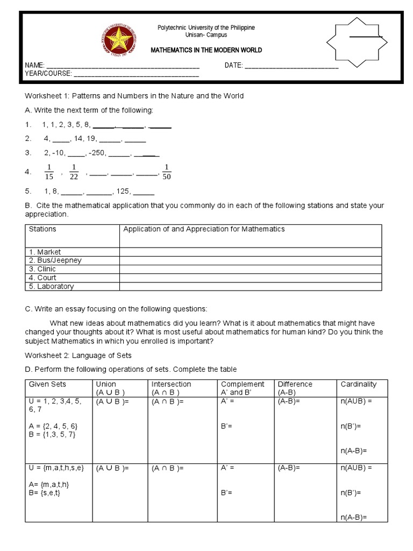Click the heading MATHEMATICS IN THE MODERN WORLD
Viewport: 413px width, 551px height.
pos(206,50)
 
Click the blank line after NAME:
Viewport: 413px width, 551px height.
pos(124,67)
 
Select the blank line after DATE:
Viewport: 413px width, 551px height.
pos(291,67)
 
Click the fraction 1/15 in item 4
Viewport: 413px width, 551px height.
pos(49,172)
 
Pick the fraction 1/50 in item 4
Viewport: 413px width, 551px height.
pos(167,172)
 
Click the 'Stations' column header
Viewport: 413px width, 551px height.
pos(42,229)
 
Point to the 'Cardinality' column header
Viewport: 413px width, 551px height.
pos(359,384)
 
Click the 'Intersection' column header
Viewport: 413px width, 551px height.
pos(171,384)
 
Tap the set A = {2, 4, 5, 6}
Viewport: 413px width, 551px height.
pos(53,426)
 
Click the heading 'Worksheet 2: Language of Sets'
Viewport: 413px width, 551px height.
pos(78,355)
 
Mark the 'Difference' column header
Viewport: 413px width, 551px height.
pos(295,384)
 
